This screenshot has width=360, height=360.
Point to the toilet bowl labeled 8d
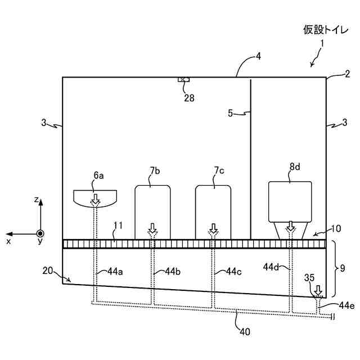click(x=290, y=200)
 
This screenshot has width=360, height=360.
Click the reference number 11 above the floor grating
click(x=118, y=226)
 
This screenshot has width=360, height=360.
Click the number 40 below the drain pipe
click(x=245, y=331)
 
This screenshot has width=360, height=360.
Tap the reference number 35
click(x=309, y=277)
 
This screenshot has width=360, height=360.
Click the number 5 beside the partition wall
click(x=230, y=113)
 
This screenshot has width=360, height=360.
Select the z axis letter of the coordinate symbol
click(x=36, y=200)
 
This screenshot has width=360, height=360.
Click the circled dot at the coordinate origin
click(x=40, y=233)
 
